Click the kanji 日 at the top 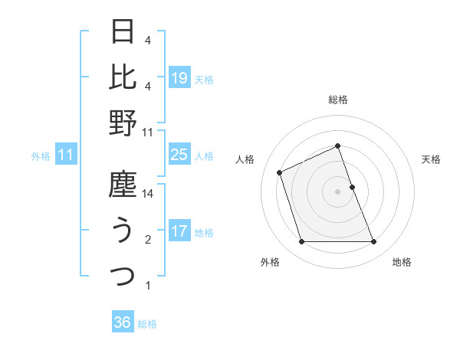123,33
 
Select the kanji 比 123,77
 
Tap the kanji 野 123,123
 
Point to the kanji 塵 123,185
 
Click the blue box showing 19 179,77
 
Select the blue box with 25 179,155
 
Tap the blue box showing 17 179,231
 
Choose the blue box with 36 123,322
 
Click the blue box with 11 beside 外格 66,155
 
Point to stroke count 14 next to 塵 149,195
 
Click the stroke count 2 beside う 148,241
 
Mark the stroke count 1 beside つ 148,286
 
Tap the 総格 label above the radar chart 338,100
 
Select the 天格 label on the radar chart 432,159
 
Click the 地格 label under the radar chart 402,262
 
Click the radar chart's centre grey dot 338,191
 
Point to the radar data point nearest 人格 281,172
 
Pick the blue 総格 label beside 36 147,323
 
